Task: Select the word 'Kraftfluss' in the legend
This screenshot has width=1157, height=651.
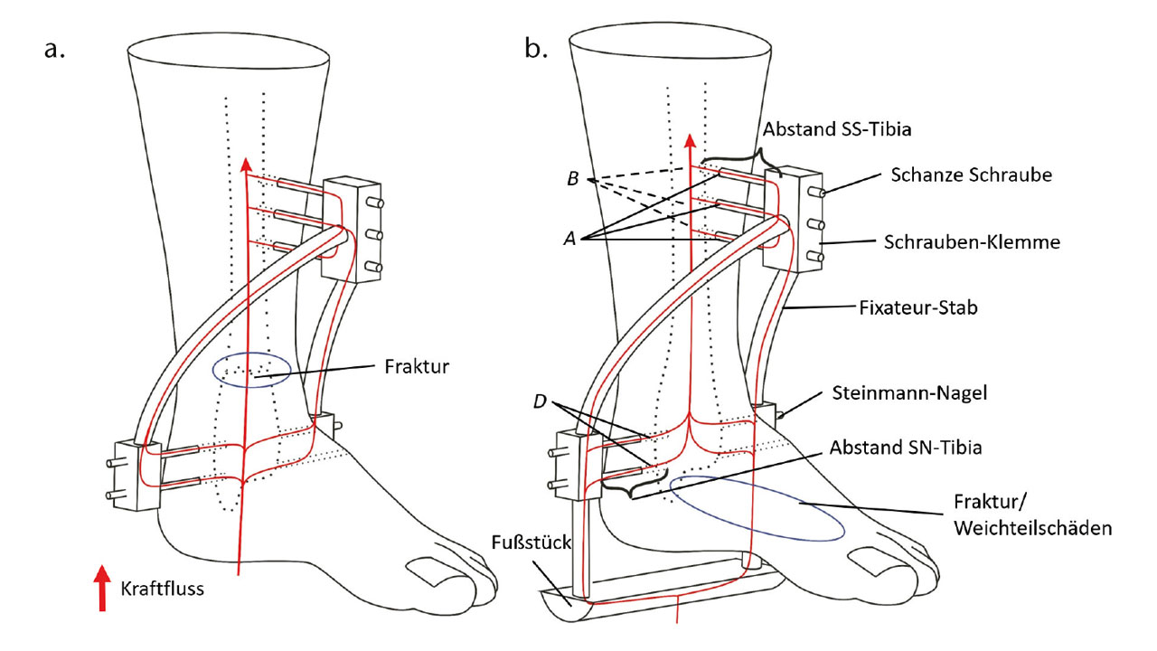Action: click(x=162, y=589)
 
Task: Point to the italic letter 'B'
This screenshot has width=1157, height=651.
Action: click(x=571, y=177)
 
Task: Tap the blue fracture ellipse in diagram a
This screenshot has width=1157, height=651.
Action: click(x=250, y=369)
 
